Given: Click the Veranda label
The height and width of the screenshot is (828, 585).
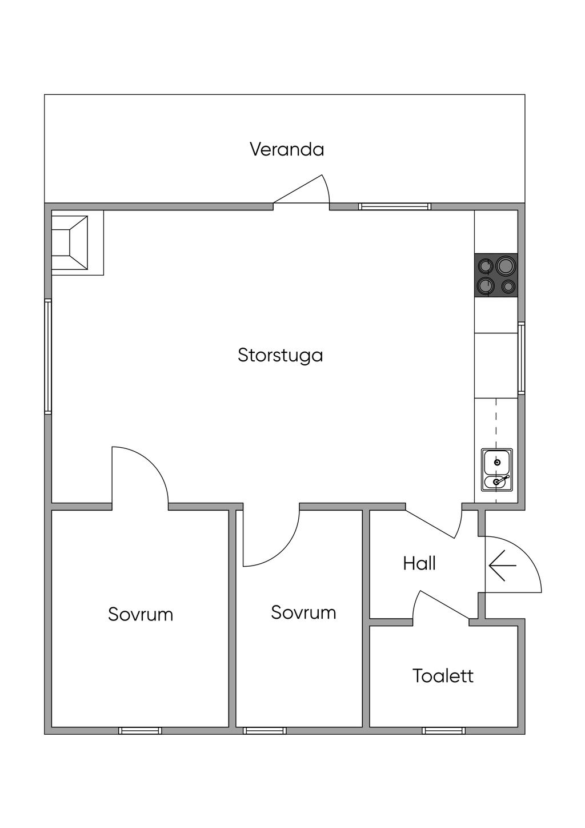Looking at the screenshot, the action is tap(287, 149).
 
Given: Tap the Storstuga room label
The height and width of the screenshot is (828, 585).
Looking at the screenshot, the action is tap(281, 356).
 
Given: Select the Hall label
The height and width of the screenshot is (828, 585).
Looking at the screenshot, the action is tap(419, 563).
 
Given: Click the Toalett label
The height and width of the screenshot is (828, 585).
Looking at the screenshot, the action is tap(443, 676).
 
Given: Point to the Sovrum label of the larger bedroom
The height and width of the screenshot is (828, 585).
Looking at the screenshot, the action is tap(141, 615).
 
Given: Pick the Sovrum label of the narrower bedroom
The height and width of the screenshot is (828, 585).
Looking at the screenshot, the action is tap(303, 612).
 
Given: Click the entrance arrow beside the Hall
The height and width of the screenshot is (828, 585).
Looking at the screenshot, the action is tap(502, 566).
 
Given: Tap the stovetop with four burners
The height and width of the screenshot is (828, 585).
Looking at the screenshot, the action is tap(496, 276).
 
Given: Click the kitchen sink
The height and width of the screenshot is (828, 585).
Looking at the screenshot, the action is tap(496, 470).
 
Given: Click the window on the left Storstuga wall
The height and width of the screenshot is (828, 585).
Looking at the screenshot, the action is tap(48, 356).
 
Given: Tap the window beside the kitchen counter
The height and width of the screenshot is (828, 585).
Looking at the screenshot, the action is tap(521, 359).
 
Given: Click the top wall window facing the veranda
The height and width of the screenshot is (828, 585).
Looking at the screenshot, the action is tap(395, 206).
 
